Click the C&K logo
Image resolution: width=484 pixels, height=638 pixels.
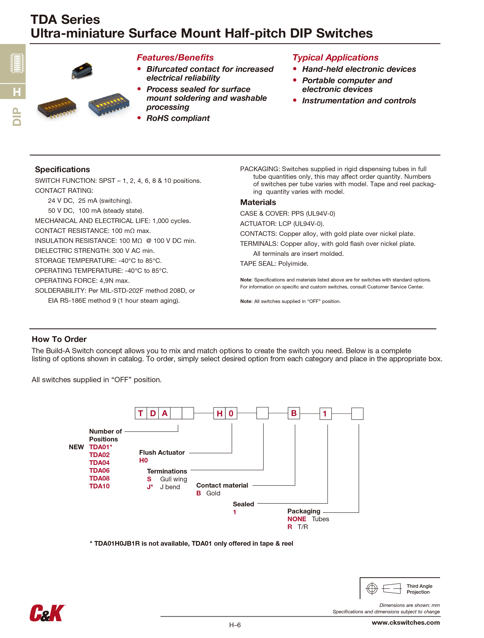point(47,613)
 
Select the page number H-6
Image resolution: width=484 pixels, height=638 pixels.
point(235,625)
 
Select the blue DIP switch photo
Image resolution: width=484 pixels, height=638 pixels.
point(109,104)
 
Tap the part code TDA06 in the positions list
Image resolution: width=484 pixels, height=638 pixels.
point(99,470)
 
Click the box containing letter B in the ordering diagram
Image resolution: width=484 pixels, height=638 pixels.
point(294,413)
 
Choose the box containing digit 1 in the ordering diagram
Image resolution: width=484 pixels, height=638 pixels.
point(325,414)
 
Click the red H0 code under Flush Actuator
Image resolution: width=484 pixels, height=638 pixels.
point(143,460)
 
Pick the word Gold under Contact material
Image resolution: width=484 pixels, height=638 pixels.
point(213,493)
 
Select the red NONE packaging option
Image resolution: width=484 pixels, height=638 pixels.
point(296,519)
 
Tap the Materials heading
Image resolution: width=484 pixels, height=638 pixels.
point(258,202)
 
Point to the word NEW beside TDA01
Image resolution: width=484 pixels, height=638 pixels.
point(76,447)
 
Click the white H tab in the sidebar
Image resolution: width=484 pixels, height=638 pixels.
point(17,92)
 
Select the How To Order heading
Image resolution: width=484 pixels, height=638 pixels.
point(59,339)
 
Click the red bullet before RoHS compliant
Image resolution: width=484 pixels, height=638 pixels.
point(139,118)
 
